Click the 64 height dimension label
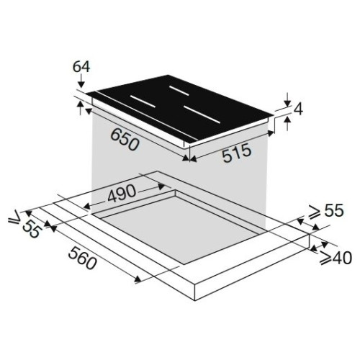point(81,67)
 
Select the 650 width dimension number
point(125,140)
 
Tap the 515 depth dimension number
point(237,153)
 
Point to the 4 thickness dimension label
point(298,109)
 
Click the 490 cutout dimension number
point(122,194)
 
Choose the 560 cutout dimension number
point(82,258)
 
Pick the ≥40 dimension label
point(336,258)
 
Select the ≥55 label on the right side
point(326,211)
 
